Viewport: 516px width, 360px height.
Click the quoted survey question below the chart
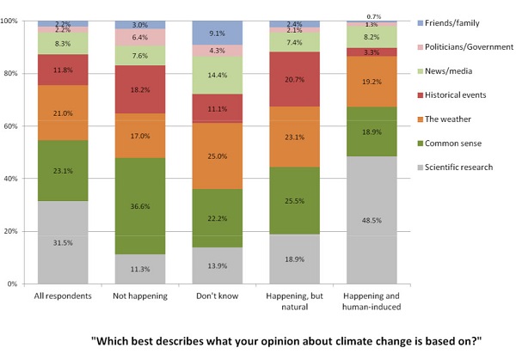(286, 340)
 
